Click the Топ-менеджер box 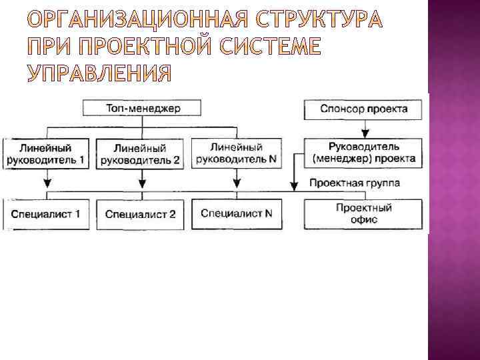click(143, 108)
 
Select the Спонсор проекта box click(365, 108)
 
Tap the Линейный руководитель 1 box click(46, 153)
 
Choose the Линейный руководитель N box click(236, 153)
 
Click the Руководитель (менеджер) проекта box click(364, 153)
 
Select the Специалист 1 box click(46, 214)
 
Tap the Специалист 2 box click(141, 214)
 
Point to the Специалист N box click(236, 213)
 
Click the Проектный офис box click(364, 213)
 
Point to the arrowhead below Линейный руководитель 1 click(46, 183)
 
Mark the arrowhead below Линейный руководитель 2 click(141, 183)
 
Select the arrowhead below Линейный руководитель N click(237, 183)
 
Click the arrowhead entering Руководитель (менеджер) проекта click(365, 133)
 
